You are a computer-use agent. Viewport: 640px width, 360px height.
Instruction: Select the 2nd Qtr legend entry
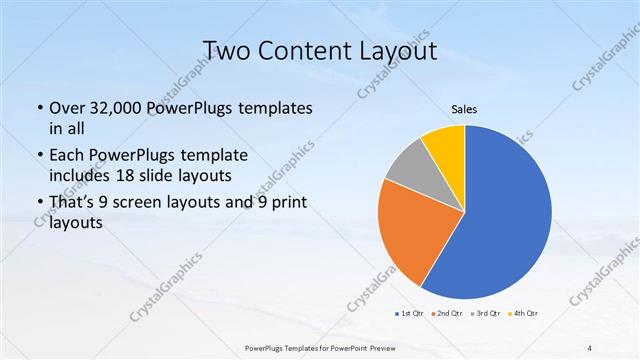coord(447,315)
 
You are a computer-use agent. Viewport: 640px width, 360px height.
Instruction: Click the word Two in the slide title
coord(226,50)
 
